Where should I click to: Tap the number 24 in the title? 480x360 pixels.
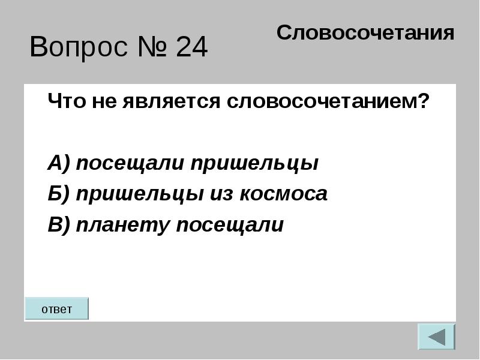pyautogui.click(x=191, y=47)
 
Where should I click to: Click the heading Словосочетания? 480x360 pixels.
pyautogui.click(x=365, y=33)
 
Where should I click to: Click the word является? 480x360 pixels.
pyautogui.click(x=171, y=101)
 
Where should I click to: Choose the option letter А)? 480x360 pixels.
pyautogui.click(x=59, y=163)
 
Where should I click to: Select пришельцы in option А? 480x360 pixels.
pyautogui.click(x=254, y=163)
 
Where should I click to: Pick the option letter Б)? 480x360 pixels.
pyautogui.click(x=59, y=193)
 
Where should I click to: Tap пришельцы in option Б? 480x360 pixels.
pyautogui.click(x=140, y=194)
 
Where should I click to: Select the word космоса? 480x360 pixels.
pyautogui.click(x=283, y=194)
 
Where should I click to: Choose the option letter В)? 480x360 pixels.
pyautogui.click(x=59, y=224)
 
